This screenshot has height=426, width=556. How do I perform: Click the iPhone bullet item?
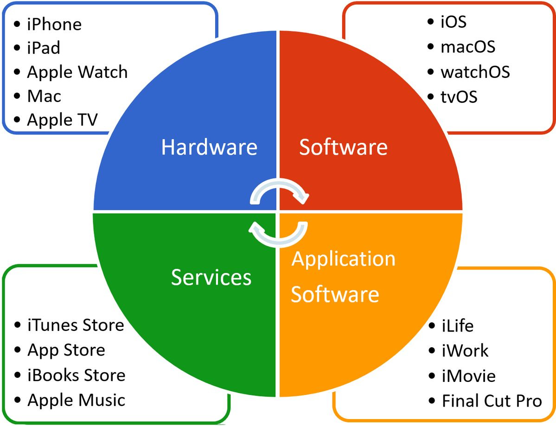tap(54, 24)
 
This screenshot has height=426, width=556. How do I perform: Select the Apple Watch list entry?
tap(77, 72)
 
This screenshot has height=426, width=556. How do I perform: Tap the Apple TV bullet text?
tap(62, 120)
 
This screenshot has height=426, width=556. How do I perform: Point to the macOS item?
tap(467, 47)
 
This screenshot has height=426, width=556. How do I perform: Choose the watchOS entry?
tap(475, 72)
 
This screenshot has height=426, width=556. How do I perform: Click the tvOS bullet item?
tap(459, 97)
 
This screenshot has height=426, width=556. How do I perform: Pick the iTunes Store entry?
tap(76, 325)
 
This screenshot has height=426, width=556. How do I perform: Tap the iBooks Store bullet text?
tap(77, 375)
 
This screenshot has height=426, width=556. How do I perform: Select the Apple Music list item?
tap(77, 400)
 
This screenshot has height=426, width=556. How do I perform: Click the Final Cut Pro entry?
tap(492, 401)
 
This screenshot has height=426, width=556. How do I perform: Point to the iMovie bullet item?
tap(468, 375)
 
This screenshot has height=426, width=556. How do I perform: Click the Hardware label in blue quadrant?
tap(209, 147)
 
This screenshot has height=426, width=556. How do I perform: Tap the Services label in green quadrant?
tap(211, 277)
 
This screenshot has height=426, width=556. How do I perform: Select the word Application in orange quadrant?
tap(343, 259)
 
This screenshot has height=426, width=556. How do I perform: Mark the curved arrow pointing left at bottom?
tap(278, 233)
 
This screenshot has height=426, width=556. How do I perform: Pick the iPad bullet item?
tap(44, 48)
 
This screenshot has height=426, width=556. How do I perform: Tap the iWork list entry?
tap(465, 350)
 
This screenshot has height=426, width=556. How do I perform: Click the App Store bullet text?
tap(66, 350)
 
